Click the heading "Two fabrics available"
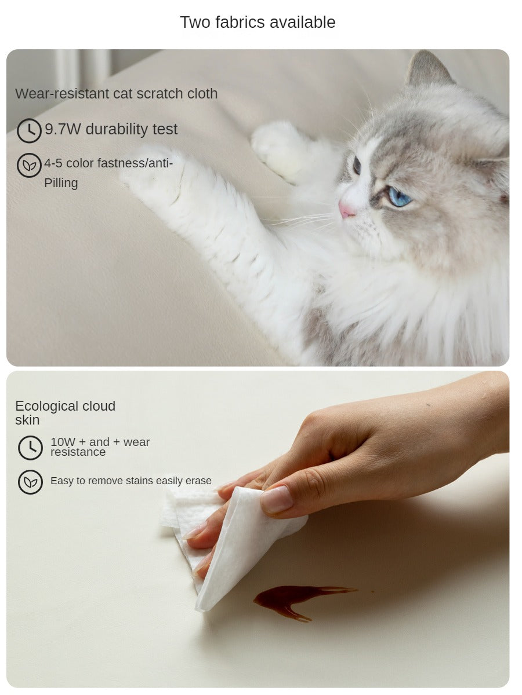[x=258, y=23]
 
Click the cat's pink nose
[x=346, y=209]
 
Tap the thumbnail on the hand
[x=277, y=499]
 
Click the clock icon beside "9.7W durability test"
[x=29, y=130]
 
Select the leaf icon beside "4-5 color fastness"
[x=29, y=165]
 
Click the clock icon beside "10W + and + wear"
[x=30, y=448]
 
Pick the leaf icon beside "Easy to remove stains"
[x=30, y=482]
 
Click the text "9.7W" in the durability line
[x=63, y=129]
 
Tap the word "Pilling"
[x=61, y=184]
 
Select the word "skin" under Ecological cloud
[x=27, y=420]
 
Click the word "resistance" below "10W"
[x=78, y=452]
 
